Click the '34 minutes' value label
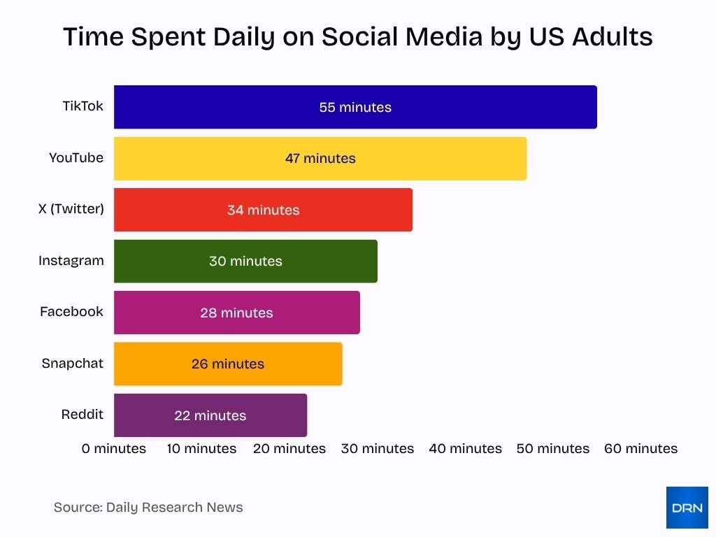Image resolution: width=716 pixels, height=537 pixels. point(263,210)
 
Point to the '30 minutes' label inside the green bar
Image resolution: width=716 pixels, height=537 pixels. point(245,262)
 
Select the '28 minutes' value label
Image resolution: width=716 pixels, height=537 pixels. point(236,313)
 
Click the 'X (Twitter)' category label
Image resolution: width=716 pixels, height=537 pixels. point(71,208)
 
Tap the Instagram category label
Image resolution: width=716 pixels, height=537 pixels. point(71,260)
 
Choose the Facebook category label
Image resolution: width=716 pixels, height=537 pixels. point(71,311)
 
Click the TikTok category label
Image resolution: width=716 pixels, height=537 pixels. point(83,106)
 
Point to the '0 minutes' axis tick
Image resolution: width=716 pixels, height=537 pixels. point(114,449)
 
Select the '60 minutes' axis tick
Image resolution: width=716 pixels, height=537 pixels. point(640,449)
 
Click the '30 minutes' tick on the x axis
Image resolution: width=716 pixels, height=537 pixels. point(378,449)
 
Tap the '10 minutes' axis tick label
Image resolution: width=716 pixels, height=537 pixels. point(201,449)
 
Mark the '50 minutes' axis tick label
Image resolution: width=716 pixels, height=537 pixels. point(553,449)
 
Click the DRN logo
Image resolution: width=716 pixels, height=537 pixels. point(687,508)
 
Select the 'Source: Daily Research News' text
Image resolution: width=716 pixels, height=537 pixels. point(148,508)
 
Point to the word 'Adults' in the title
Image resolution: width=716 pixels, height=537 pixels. point(613,36)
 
